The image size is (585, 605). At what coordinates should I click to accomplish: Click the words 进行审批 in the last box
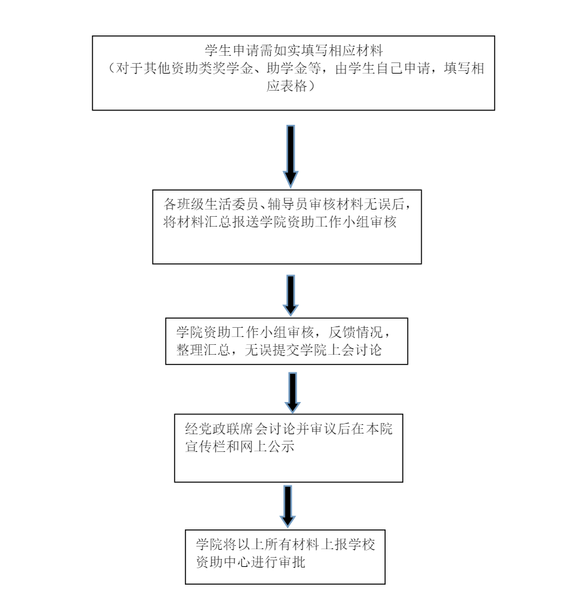pyautogui.click(x=279, y=563)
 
